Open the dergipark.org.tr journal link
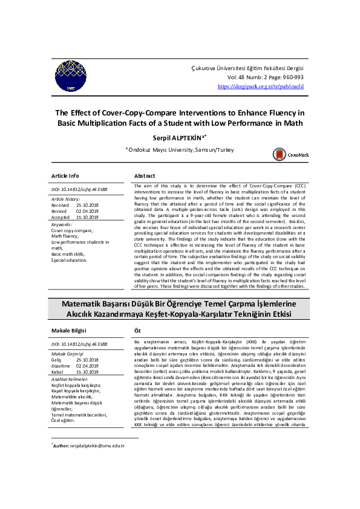point(260,86)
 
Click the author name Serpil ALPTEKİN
point(179,137)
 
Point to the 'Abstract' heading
point(145,175)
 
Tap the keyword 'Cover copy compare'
point(72,231)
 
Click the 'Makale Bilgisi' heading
point(68,331)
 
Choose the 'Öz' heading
point(137,331)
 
